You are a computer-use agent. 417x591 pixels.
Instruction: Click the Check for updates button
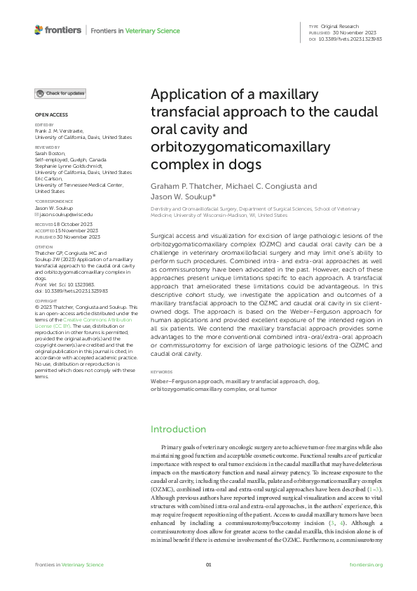(x=61, y=93)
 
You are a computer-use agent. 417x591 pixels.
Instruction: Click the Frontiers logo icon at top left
(x=39, y=29)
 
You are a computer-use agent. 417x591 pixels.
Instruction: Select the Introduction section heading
(x=179, y=429)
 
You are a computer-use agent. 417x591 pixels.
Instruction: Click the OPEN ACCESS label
(x=50, y=114)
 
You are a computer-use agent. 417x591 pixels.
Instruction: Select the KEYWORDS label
(x=162, y=371)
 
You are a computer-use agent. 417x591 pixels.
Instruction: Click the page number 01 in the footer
(x=208, y=564)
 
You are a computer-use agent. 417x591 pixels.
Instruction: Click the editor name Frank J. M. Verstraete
(x=62, y=133)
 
